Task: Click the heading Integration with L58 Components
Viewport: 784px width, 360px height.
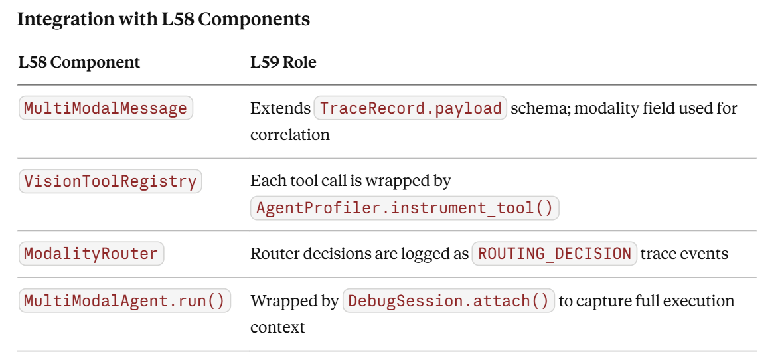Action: point(163,19)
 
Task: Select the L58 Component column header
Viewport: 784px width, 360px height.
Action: point(80,63)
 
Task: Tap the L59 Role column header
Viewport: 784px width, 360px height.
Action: point(283,63)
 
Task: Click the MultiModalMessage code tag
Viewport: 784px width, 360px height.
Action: point(106,108)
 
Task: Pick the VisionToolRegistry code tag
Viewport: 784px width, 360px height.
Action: point(110,181)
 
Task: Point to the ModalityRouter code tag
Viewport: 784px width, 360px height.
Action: point(91,254)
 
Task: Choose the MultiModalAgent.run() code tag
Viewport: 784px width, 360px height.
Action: point(125,301)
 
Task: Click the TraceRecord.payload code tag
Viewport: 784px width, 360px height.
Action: point(410,108)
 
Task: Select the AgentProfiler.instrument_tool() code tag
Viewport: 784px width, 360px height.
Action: point(404,208)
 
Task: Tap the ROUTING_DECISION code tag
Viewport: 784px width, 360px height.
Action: point(554,254)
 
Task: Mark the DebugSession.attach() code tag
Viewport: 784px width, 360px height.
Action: point(449,301)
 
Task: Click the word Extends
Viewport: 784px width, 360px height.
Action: point(281,108)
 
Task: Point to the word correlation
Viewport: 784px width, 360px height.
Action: point(290,135)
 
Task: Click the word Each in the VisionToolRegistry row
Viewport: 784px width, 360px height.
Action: point(267,181)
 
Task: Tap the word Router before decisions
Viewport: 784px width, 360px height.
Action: point(273,254)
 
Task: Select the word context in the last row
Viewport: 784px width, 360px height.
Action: point(277,328)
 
